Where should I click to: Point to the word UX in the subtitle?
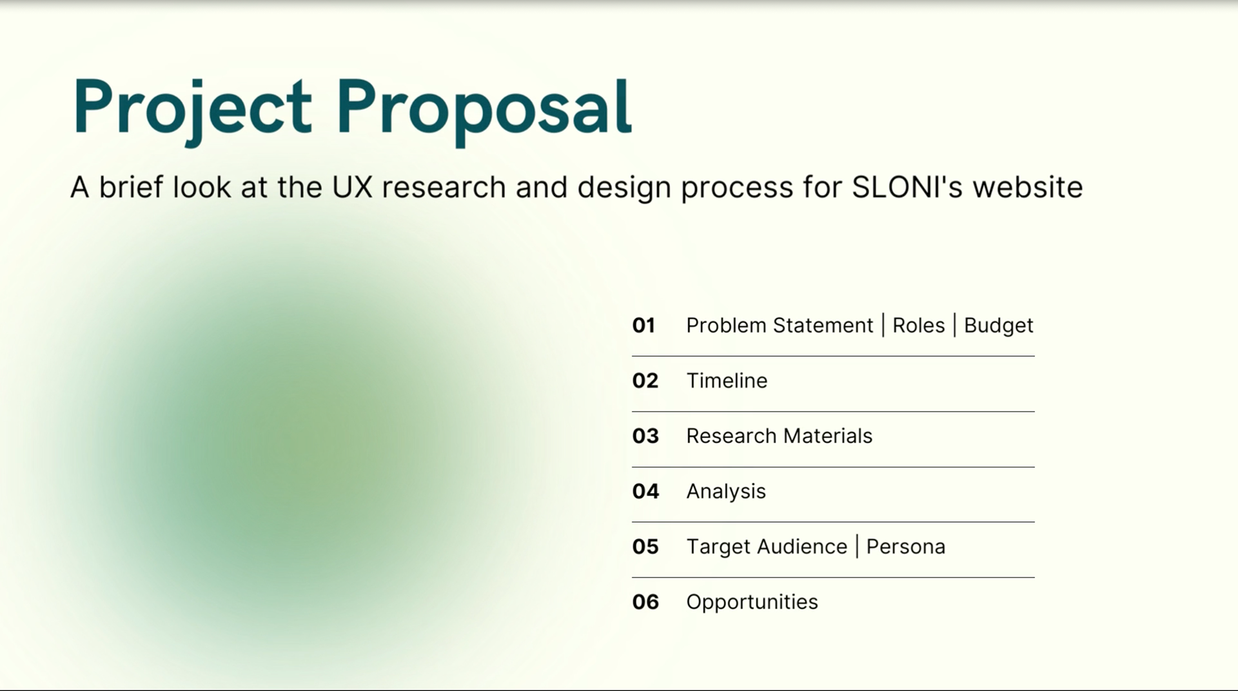352,187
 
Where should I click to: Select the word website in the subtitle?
1028,187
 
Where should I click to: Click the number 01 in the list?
644,325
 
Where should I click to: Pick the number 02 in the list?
645,381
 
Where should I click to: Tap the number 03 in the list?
645,436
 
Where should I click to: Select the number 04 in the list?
645,492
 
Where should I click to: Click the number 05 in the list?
645,547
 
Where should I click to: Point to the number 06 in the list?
645,602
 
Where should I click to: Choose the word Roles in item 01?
919,325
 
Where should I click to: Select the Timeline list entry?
727,381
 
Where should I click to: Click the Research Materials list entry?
779,436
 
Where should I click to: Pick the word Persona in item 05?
905,547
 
